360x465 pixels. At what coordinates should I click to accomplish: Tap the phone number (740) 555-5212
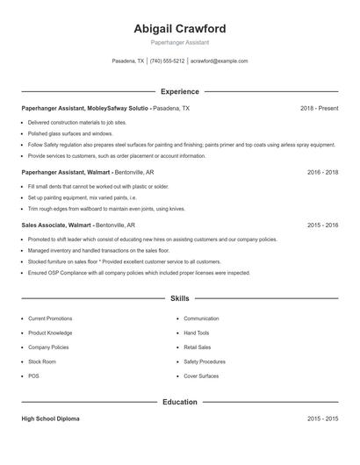(167, 61)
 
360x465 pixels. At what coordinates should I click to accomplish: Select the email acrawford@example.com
(220, 61)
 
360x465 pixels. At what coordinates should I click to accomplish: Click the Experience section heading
(179, 91)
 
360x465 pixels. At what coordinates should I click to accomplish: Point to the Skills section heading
(179, 299)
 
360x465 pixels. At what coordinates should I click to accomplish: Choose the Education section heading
(179, 402)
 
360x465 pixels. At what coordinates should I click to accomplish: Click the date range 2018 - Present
(319, 108)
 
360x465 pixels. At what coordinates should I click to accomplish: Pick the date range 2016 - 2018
(322, 172)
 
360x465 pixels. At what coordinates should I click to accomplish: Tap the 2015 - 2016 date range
(322, 225)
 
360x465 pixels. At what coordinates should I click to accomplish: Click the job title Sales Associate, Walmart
(56, 225)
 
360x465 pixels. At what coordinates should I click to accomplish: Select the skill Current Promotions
(50, 318)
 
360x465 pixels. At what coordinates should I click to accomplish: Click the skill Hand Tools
(197, 333)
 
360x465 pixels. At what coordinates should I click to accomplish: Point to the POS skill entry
(32, 376)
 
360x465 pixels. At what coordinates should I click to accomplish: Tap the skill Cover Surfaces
(201, 376)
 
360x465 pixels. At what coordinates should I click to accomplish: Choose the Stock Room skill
(42, 361)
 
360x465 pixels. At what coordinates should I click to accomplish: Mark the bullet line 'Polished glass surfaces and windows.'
(71, 133)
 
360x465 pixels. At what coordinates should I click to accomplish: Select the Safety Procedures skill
(205, 361)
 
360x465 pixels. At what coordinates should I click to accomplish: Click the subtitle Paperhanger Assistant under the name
(179, 42)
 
